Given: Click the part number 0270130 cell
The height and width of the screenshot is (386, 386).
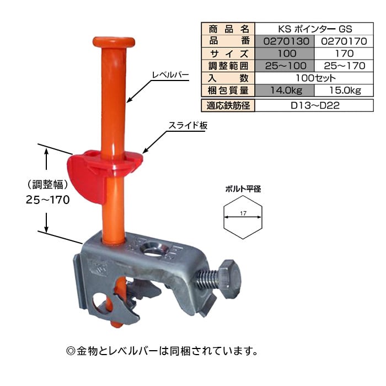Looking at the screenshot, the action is coord(285,41).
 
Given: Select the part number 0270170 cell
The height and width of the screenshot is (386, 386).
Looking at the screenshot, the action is coord(344,41).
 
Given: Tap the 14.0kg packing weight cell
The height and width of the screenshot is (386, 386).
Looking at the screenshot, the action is coord(285,90).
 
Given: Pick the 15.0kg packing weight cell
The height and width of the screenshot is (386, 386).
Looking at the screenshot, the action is coord(344,90).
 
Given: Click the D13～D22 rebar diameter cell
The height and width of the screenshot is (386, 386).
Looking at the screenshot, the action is coord(314,106).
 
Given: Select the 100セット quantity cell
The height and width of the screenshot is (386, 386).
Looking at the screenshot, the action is coord(314,78).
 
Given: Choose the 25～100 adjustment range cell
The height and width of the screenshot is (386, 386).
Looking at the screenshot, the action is coord(285,66).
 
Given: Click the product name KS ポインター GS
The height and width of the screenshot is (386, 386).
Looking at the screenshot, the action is coord(314,29).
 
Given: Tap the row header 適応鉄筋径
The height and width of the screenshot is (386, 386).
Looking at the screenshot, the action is coord(228,106).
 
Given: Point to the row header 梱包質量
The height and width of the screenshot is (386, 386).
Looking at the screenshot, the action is coord(228,90).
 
